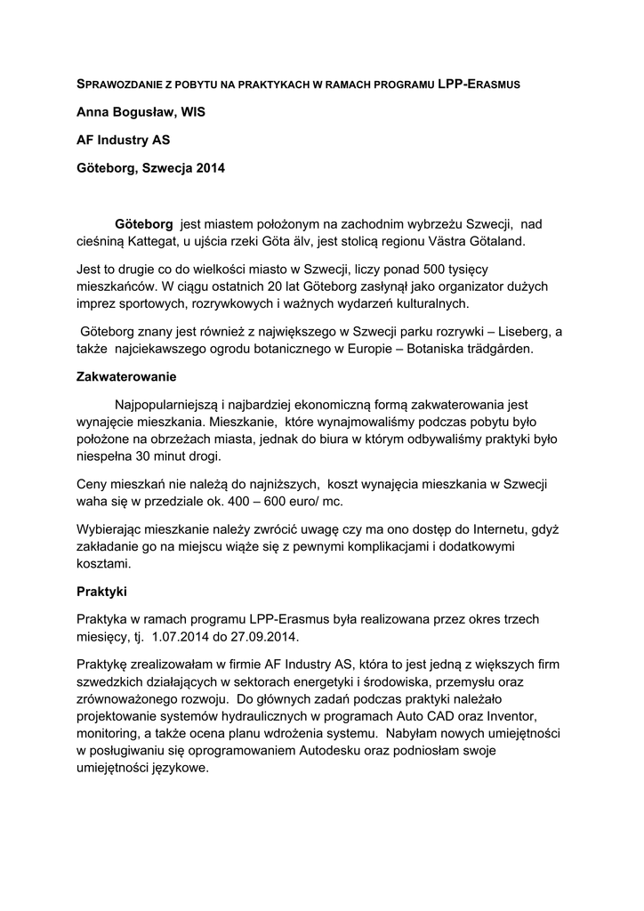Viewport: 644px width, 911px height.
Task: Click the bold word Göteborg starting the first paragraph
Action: click(144, 223)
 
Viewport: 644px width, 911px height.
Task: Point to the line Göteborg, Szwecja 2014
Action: click(150, 167)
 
